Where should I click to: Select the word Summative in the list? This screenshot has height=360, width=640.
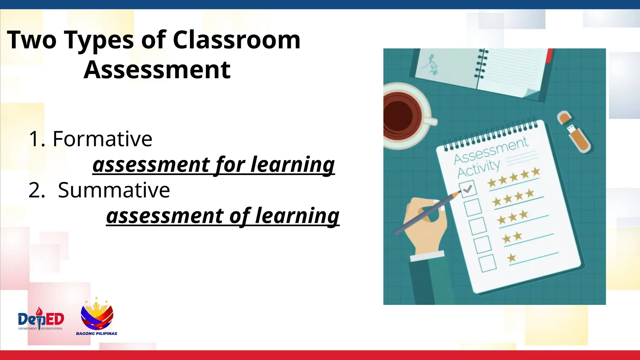(x=114, y=190)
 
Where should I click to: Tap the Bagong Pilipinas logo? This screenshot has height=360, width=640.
(x=97, y=317)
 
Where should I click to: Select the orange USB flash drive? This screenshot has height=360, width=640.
(x=574, y=131)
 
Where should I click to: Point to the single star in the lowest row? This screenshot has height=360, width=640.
(x=512, y=258)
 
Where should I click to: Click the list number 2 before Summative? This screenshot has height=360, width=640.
(x=37, y=190)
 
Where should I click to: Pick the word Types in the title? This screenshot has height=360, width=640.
(x=99, y=41)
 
